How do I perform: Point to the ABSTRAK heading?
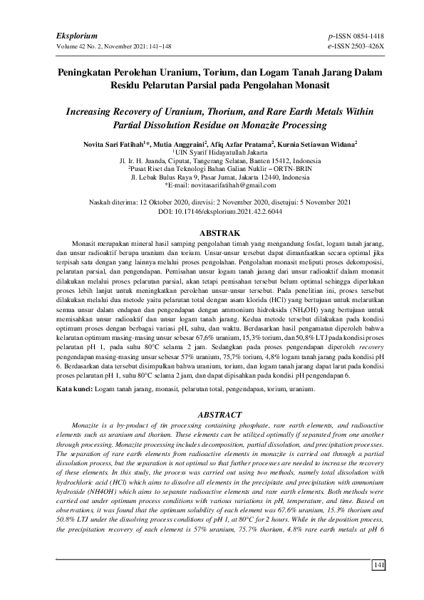coord(212,233)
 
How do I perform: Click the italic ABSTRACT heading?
coord(212,413)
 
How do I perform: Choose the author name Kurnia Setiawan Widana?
coord(314,143)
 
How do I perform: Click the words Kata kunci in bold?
coord(76,390)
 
